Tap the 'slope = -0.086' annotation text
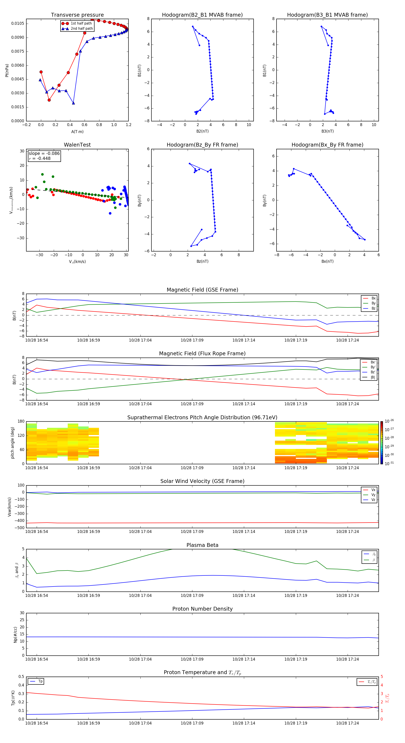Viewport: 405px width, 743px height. (x=44, y=154)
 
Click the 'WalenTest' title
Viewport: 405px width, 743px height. (x=77, y=145)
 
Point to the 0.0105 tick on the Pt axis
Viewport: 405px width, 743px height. (x=18, y=23)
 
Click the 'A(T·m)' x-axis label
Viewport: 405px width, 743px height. (x=77, y=131)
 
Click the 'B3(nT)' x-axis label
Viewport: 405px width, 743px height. (x=327, y=131)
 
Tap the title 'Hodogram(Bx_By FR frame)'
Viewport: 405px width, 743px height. (x=327, y=145)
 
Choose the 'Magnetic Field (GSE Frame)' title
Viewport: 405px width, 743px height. (x=202, y=290)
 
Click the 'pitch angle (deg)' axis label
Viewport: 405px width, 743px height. (x=12, y=443)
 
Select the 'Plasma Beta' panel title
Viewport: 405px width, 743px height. (x=202, y=545)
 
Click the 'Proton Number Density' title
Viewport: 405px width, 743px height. (x=202, y=609)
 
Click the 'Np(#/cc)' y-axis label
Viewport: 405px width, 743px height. (x=15, y=634)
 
